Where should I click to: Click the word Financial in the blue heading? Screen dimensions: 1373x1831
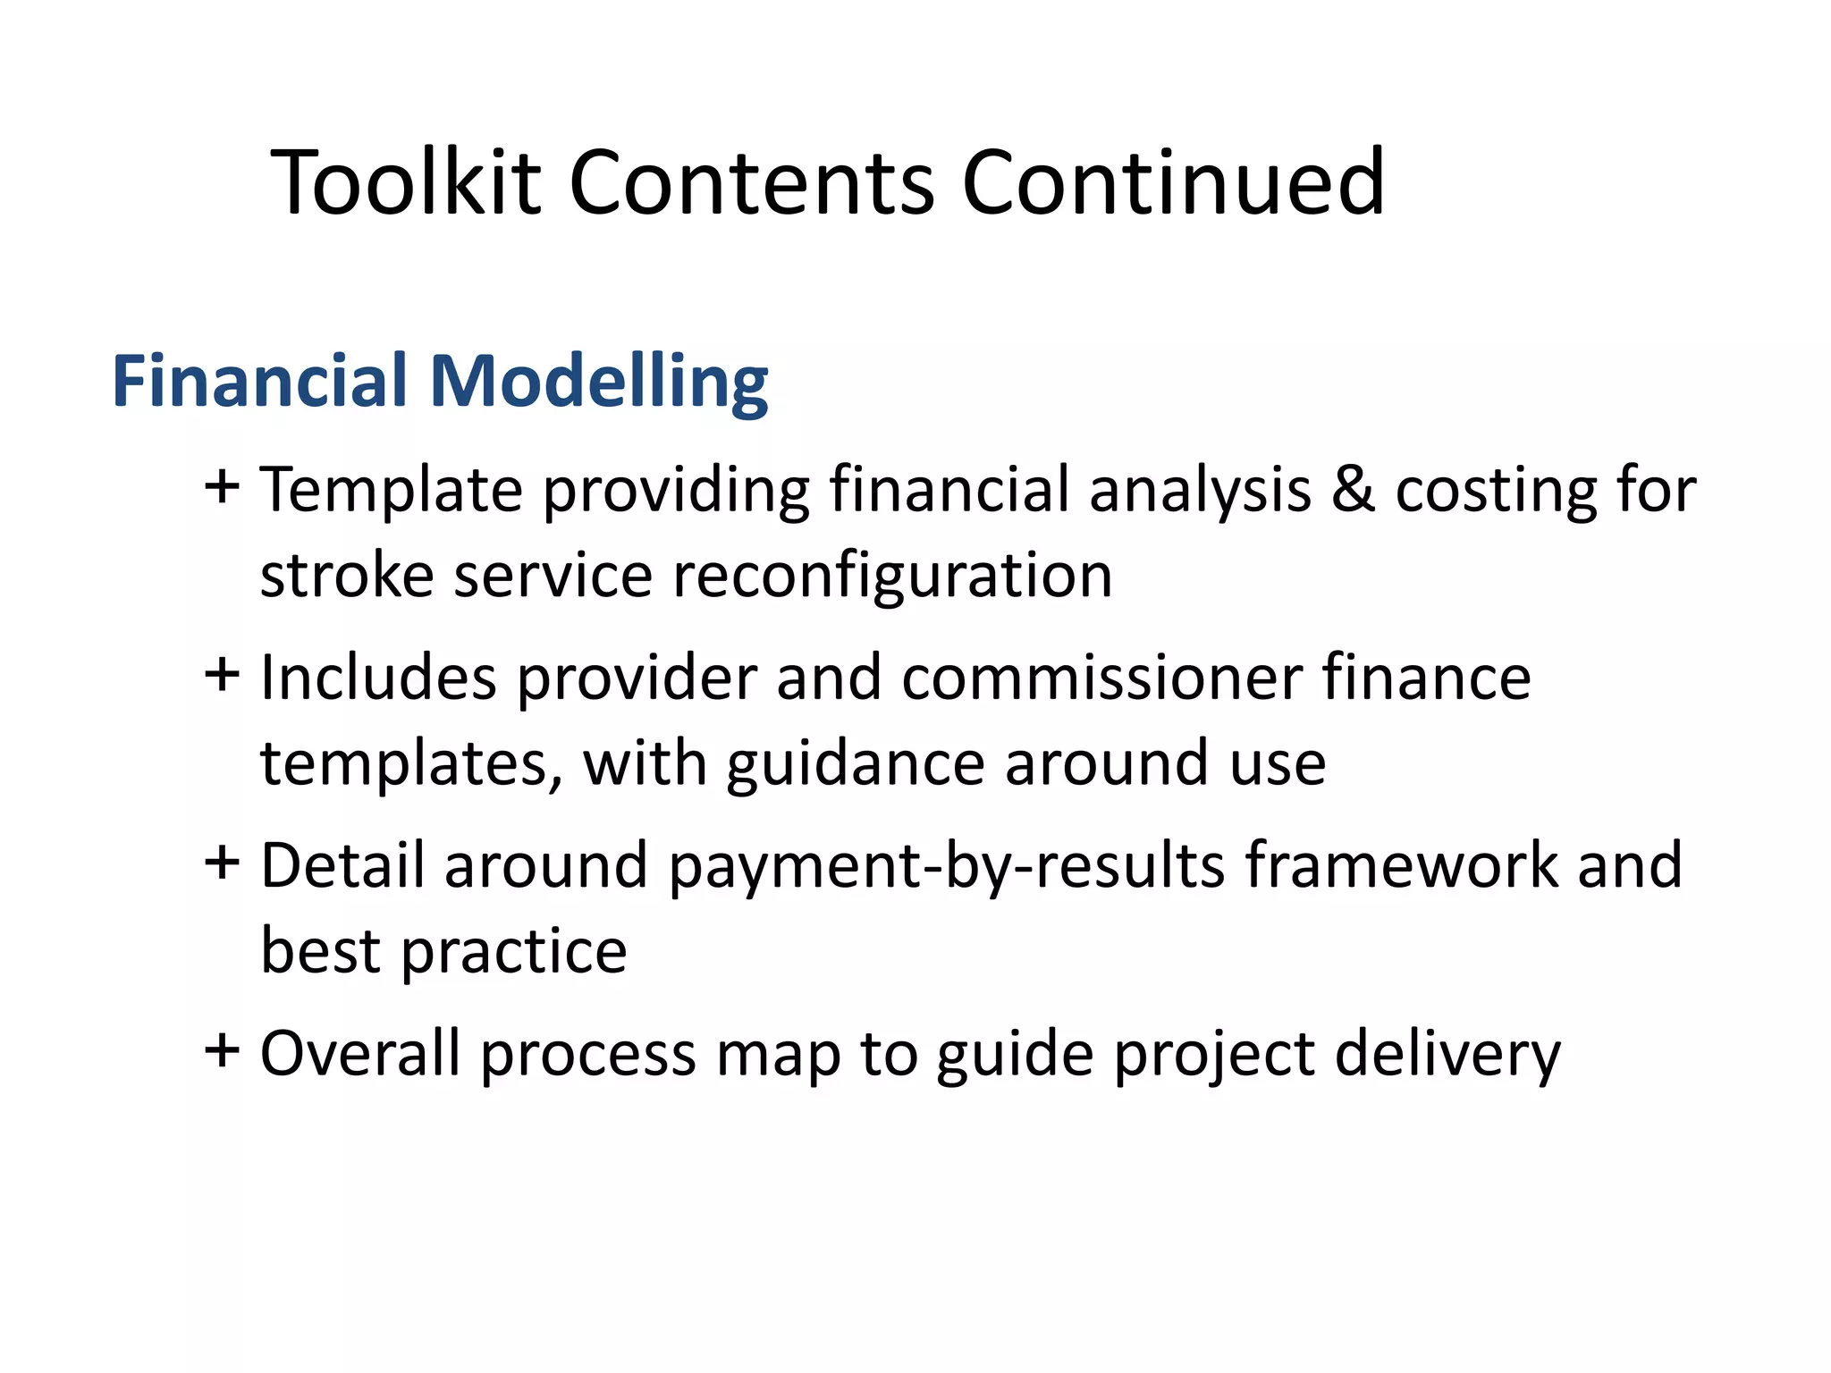click(x=259, y=381)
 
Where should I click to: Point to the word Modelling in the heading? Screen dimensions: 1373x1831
click(x=598, y=383)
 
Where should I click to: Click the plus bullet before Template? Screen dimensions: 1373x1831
click(x=221, y=488)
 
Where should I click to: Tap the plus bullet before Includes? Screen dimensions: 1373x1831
click(x=221, y=675)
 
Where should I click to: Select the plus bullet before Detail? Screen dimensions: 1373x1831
click(x=221, y=863)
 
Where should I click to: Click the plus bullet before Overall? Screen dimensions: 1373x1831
click(x=221, y=1051)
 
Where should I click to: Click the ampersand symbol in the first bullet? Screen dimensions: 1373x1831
click(x=1353, y=490)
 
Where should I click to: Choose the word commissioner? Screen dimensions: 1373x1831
click(x=1101, y=677)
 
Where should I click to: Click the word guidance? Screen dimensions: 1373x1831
click(x=855, y=764)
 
